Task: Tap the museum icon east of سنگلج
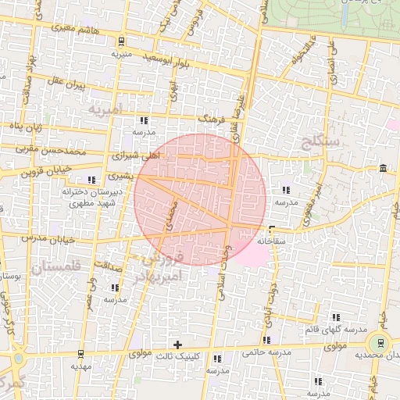382,169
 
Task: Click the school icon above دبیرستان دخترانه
91,180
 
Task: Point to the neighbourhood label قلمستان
47,268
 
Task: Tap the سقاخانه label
280,241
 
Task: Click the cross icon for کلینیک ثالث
178,344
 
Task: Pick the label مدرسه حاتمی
266,352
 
